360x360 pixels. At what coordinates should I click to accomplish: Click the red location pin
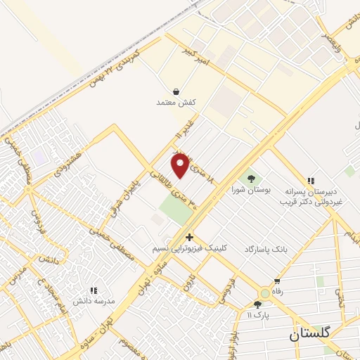click(x=181, y=165)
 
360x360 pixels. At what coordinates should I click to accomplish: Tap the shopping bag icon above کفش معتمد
click(x=175, y=91)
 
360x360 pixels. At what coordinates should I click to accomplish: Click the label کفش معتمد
click(x=175, y=103)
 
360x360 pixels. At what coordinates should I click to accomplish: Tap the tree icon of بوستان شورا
click(x=250, y=177)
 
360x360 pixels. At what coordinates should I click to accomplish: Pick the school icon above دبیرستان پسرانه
click(x=310, y=181)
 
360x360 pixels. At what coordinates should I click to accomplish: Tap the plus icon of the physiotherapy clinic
click(x=189, y=238)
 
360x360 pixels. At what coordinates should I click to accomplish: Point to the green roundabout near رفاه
click(x=264, y=293)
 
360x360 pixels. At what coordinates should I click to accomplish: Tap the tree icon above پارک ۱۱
click(x=257, y=304)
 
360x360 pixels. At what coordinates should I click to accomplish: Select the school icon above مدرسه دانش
click(x=93, y=290)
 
